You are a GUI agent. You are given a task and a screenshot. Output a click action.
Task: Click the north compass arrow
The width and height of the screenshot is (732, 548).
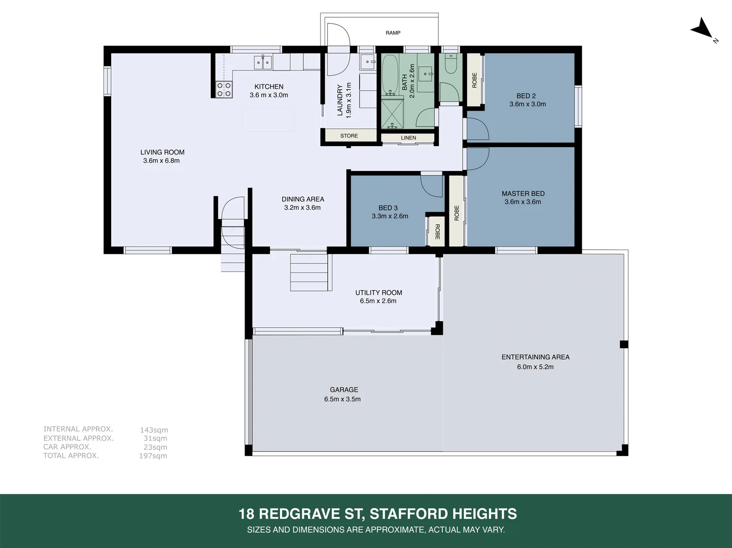pos(702,28)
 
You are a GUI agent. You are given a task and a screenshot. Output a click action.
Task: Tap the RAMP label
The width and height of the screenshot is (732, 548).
pos(393,33)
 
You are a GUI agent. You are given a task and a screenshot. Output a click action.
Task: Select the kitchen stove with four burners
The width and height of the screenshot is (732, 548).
pos(224,90)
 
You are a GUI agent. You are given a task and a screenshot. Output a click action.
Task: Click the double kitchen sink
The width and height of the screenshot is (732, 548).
pos(263,62)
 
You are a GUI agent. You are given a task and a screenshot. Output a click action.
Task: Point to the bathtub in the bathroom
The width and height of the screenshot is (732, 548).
pos(390,75)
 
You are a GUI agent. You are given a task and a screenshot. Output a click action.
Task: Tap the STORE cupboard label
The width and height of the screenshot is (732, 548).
pos(349,136)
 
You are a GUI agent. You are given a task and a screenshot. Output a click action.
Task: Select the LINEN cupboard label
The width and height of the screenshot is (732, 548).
pos(408,138)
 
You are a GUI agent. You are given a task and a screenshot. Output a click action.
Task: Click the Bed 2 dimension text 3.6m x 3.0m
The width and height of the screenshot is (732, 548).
pos(528,104)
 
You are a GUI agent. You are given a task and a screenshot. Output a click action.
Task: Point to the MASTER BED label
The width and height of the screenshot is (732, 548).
pos(523,193)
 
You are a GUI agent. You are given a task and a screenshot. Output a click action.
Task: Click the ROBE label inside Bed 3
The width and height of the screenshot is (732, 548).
pos(437,232)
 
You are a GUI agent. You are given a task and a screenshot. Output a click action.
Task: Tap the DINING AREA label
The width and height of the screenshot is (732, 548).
pos(303,199)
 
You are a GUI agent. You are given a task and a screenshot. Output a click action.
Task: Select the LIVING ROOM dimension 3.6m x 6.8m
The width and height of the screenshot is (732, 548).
pos(161,161)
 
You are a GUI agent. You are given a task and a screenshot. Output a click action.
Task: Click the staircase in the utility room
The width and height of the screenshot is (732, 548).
pos(310,272)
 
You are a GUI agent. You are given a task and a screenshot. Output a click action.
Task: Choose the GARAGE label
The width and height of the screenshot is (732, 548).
pos(344,390)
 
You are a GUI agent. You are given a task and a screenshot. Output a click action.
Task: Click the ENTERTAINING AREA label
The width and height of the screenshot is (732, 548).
pos(535,357)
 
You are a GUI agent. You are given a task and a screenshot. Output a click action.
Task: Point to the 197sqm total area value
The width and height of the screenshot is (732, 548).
pos(153,456)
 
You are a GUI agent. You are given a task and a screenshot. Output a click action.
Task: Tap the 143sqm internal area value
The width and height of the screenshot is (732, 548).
pos(154,430)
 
